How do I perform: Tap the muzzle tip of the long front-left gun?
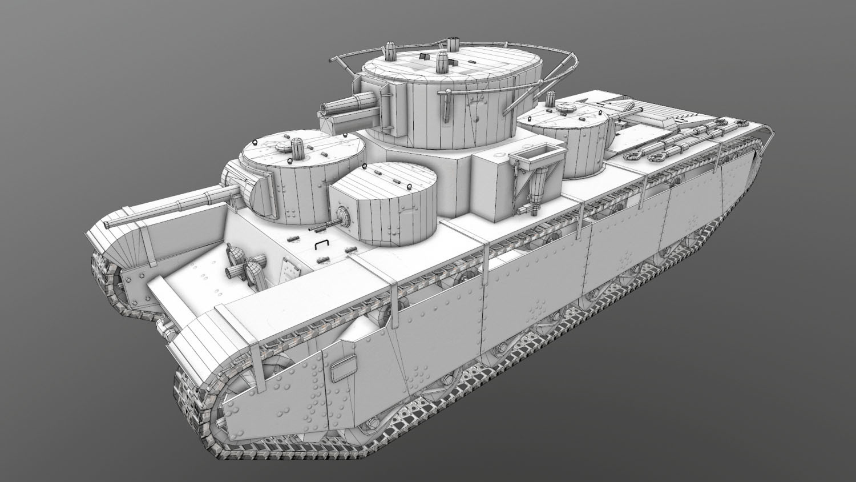[107, 224]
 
